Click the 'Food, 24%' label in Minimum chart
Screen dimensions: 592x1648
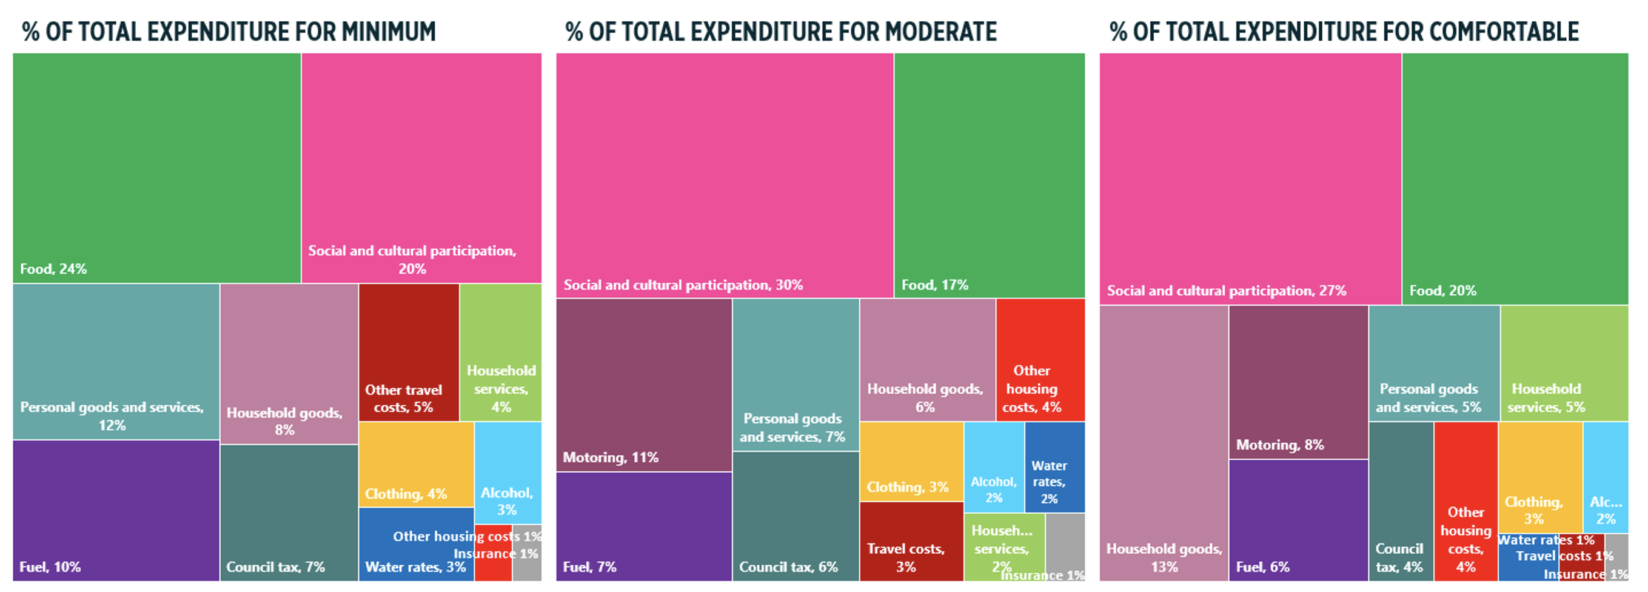(x=53, y=269)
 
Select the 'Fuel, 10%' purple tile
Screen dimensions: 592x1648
(x=116, y=510)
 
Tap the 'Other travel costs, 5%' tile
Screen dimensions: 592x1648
(x=409, y=352)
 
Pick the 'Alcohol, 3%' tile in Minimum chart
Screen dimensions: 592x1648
(x=508, y=473)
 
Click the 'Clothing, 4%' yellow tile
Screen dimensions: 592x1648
(x=416, y=464)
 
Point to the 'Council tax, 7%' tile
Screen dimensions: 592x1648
(x=289, y=512)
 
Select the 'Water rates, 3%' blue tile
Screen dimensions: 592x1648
(x=416, y=545)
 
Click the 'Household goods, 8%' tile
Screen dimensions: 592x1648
(x=289, y=363)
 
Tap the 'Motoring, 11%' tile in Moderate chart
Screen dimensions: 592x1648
(x=643, y=385)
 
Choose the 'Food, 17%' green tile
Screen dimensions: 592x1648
(x=989, y=175)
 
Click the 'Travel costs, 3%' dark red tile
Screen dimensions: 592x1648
(x=911, y=542)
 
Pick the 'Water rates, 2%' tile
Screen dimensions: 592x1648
(x=1054, y=467)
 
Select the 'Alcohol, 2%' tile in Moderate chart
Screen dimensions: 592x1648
(x=994, y=467)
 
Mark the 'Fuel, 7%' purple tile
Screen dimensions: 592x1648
(x=643, y=526)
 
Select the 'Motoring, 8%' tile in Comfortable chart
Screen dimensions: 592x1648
(x=1298, y=382)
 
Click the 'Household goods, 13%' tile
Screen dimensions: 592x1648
(x=1164, y=443)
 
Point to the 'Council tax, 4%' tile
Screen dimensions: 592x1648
(x=1401, y=501)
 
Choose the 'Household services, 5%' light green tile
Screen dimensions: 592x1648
(x=1564, y=363)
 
